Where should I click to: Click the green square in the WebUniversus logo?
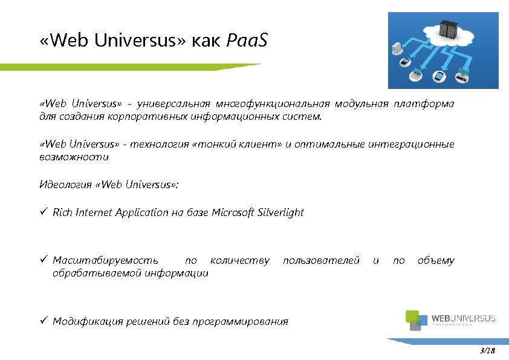point(412,315)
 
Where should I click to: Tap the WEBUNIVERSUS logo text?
point(464,319)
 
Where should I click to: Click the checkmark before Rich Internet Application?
point(44,212)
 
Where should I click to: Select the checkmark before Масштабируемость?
point(44,260)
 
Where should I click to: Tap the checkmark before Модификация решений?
point(44,321)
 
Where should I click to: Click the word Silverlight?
point(280,212)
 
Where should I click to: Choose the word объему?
point(436,261)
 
